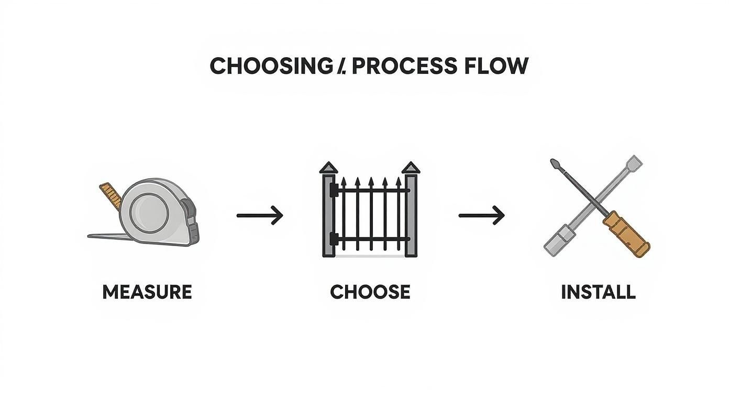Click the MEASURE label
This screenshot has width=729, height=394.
pos(147,292)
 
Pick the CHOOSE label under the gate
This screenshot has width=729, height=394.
pos(370,292)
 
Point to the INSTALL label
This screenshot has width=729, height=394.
pos(598,292)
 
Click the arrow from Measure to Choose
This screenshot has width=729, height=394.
pos(260,215)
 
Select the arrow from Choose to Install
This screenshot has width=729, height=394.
pos(481,215)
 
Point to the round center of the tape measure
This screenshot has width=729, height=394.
pos(149,212)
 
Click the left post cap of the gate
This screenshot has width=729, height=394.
pos(328,169)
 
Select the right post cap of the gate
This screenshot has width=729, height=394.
pos(411,169)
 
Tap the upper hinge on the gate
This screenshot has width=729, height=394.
pos(333,192)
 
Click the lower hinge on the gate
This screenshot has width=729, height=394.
pos(333,240)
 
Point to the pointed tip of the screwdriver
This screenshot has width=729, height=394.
pos(555,163)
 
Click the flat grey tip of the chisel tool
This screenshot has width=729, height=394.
pos(634,162)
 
